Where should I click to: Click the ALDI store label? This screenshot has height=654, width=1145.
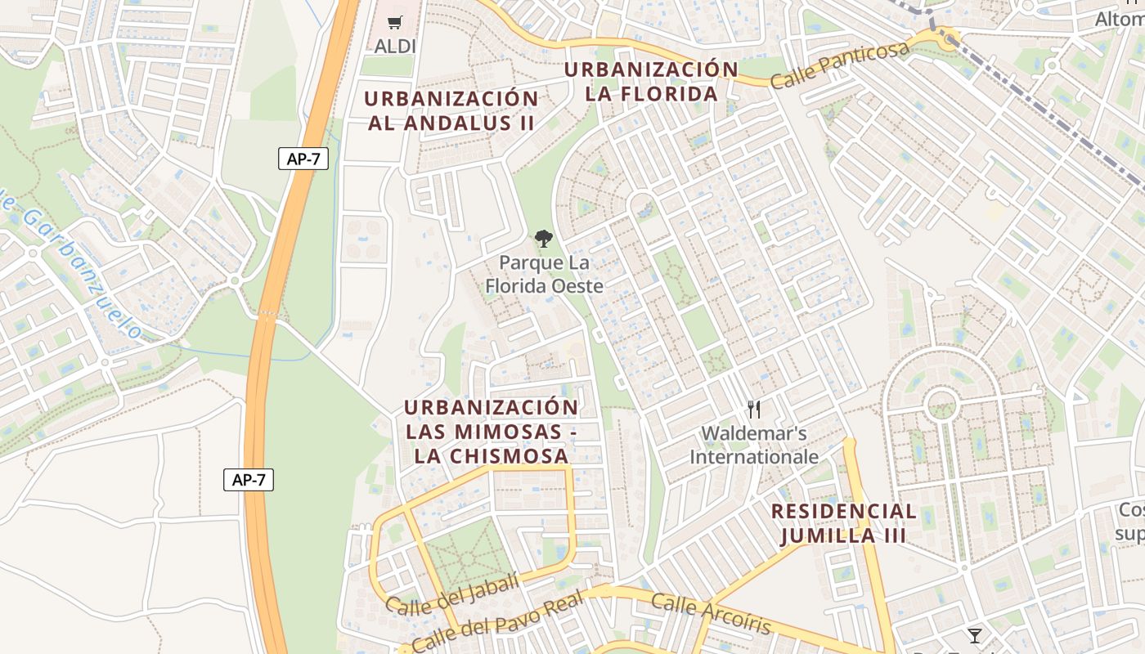point(395,47)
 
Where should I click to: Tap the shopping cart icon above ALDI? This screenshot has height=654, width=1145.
point(395,23)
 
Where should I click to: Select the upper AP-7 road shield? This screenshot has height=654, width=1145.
point(303,159)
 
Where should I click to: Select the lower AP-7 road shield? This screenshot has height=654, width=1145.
point(249,480)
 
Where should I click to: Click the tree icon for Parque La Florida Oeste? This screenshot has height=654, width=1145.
point(543,239)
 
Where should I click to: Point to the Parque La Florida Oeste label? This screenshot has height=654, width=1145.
point(544,275)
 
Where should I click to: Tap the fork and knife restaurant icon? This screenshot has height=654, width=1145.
point(754,410)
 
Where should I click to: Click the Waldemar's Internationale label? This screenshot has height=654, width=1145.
point(754,445)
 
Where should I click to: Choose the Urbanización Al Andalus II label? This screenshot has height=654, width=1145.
point(451,111)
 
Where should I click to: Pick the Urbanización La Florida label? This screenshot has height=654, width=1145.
point(651,82)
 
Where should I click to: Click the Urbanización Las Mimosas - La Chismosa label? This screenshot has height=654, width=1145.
point(491,432)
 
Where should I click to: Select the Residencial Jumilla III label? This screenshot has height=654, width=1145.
point(843,524)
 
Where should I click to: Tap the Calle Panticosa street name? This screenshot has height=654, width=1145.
point(839,65)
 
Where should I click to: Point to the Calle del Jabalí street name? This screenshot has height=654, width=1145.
point(451,594)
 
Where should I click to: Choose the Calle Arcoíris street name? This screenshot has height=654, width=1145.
point(711,614)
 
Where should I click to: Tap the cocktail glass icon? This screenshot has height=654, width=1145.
point(974,635)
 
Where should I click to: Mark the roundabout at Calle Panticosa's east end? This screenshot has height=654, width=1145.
point(949,38)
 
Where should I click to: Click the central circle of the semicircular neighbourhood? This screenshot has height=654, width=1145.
point(941,403)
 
